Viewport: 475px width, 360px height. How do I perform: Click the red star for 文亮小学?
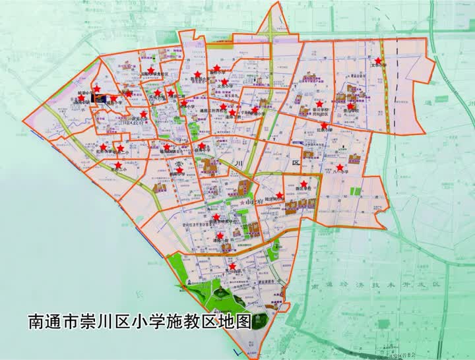click(378, 61)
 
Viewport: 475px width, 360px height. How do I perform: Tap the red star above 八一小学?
click(340, 167)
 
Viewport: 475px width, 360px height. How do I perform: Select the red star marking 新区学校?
click(303, 184)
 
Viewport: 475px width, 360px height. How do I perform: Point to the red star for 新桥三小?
click(118, 165)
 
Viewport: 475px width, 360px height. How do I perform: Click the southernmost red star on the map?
click(232, 266)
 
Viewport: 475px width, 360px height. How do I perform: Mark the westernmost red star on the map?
click(82, 98)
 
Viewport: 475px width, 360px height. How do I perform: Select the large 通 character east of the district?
click(430, 104)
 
